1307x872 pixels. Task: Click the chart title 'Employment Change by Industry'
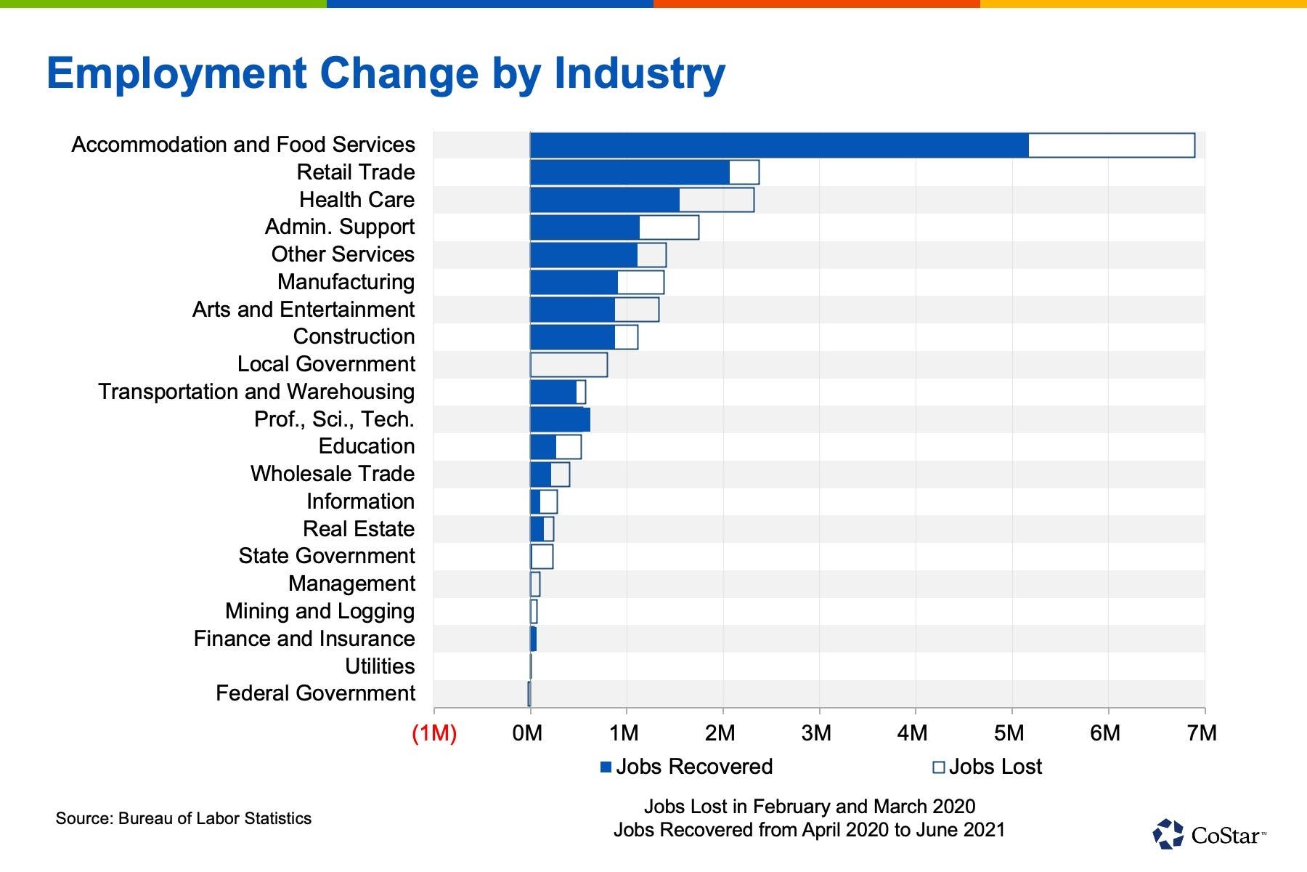386,73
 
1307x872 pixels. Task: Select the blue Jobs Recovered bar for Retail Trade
630,172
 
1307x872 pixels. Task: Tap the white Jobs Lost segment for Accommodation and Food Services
1112,145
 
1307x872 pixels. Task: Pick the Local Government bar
569,365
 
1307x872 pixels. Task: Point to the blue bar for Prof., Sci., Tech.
560,420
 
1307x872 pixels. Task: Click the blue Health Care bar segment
605,200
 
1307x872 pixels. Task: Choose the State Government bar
542,557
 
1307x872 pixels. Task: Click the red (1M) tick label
434,733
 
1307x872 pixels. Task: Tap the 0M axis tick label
527,733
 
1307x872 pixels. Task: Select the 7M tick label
1202,733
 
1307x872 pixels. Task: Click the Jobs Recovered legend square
606,767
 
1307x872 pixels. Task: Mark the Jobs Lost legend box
938,767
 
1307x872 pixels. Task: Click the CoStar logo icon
1168,834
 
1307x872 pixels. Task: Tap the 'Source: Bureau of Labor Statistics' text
184,818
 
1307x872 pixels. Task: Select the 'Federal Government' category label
315,693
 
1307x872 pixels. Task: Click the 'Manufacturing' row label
346,282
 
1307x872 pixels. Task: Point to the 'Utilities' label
380,666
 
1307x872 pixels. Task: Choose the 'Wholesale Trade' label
333,474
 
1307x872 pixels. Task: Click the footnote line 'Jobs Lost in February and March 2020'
810,807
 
